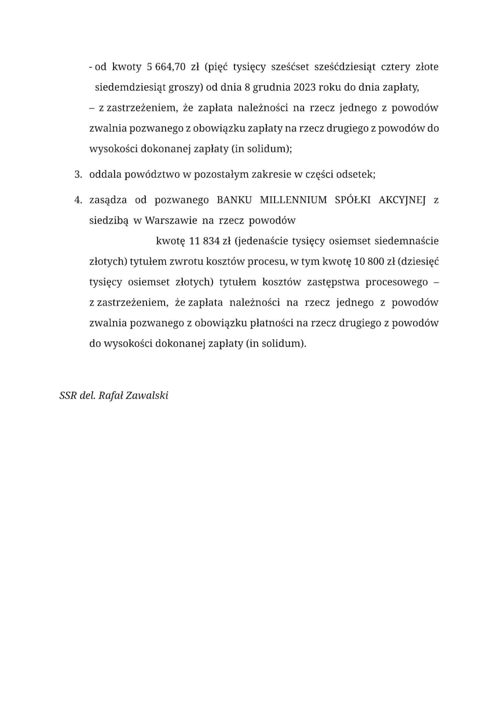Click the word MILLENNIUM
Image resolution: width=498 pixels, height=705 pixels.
[293, 200]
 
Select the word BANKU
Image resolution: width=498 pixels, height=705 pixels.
[234, 200]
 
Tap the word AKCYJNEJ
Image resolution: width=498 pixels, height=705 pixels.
[402, 200]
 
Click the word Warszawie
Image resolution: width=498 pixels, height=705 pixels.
[171, 220]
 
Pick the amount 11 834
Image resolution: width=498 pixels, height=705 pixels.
[204, 241]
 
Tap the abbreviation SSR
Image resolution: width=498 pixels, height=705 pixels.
[68, 396]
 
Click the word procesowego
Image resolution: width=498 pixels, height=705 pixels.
[397, 282]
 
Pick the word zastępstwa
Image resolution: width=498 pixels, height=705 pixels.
[333, 282]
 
